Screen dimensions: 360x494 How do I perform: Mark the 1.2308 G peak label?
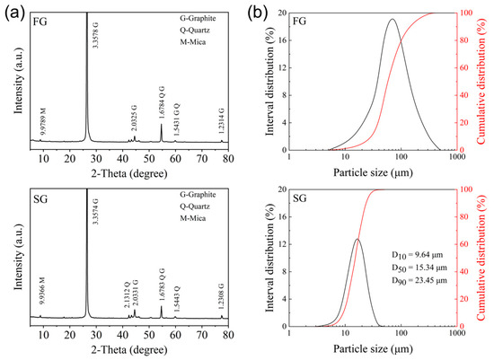pos(222,300)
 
